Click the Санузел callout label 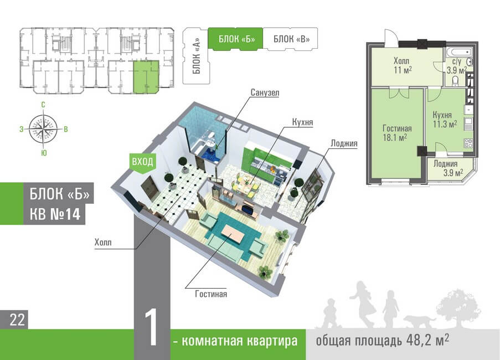coord(264,92)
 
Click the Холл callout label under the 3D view coord(102,241)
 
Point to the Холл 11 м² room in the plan coord(401,66)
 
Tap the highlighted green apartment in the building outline coord(146,76)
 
